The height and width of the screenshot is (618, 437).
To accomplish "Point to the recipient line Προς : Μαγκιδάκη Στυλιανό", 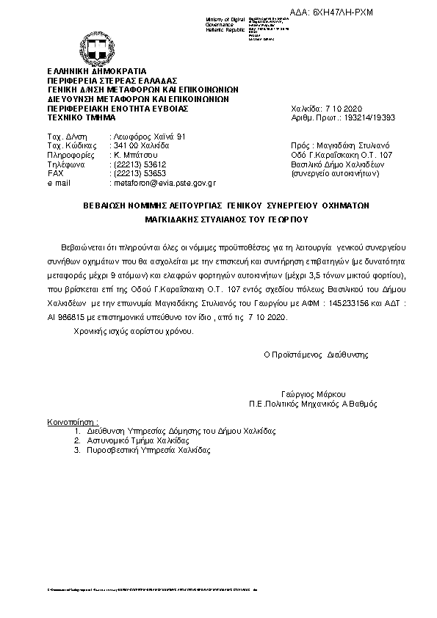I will (x=344, y=146).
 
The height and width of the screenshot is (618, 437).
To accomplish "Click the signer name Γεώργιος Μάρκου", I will (x=313, y=393).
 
